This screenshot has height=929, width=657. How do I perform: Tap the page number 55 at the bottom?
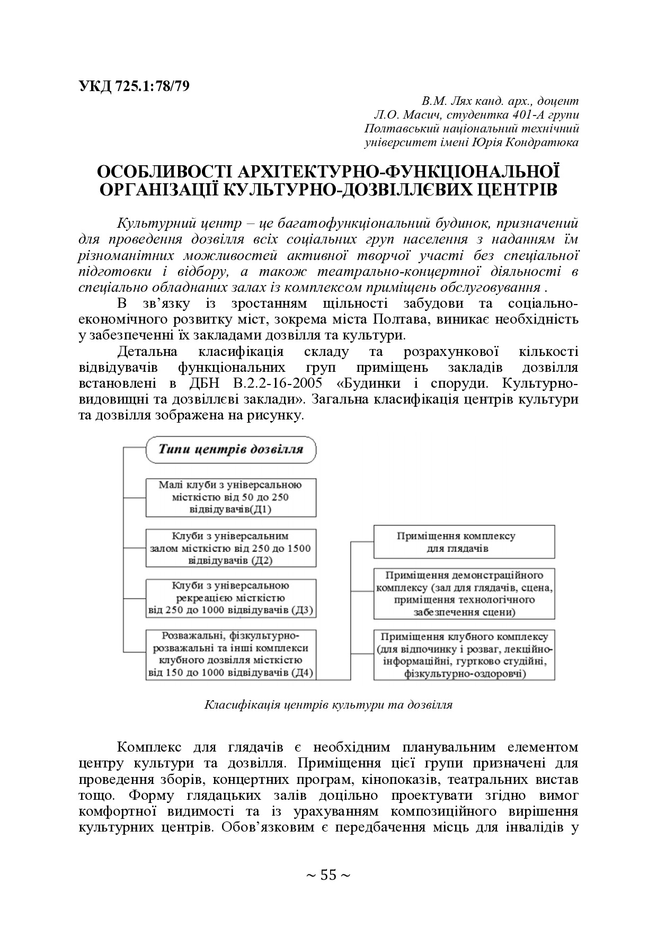coord(328,875)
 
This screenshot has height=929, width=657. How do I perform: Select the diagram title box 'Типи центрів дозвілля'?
coord(231,450)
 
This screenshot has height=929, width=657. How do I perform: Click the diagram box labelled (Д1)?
coord(230,497)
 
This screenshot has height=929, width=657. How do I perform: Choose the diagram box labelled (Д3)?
coord(230,598)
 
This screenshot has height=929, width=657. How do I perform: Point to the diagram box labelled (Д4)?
coord(230,654)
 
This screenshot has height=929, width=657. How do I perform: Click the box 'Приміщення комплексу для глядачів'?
coord(464,542)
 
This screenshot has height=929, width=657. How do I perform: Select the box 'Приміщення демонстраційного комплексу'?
coord(464,594)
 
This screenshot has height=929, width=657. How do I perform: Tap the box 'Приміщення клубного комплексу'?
coord(464,655)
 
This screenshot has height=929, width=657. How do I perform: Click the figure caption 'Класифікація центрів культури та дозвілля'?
coord(328,705)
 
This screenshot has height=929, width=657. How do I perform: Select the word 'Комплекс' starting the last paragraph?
coord(149,747)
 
